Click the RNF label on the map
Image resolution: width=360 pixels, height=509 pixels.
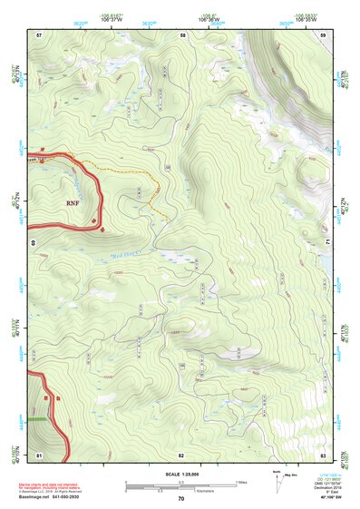(73, 204)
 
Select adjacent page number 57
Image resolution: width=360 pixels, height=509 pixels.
(39, 34)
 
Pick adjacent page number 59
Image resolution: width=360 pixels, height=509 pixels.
(323, 34)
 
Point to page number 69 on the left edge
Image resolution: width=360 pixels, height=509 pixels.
(33, 244)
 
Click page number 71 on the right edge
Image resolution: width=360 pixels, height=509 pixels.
(328, 244)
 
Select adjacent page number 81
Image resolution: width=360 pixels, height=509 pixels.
(39, 454)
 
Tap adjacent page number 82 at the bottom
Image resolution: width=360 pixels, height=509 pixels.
(181, 454)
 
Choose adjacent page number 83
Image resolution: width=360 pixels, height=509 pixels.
(323, 454)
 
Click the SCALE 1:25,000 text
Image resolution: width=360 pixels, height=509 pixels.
(180, 474)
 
